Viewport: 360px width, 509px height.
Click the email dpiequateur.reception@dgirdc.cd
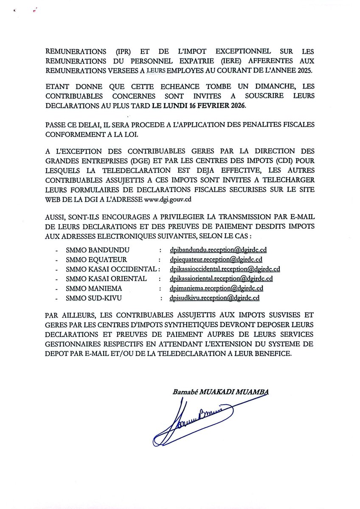(215, 260)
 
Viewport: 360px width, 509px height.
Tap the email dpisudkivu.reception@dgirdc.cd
(214, 298)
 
